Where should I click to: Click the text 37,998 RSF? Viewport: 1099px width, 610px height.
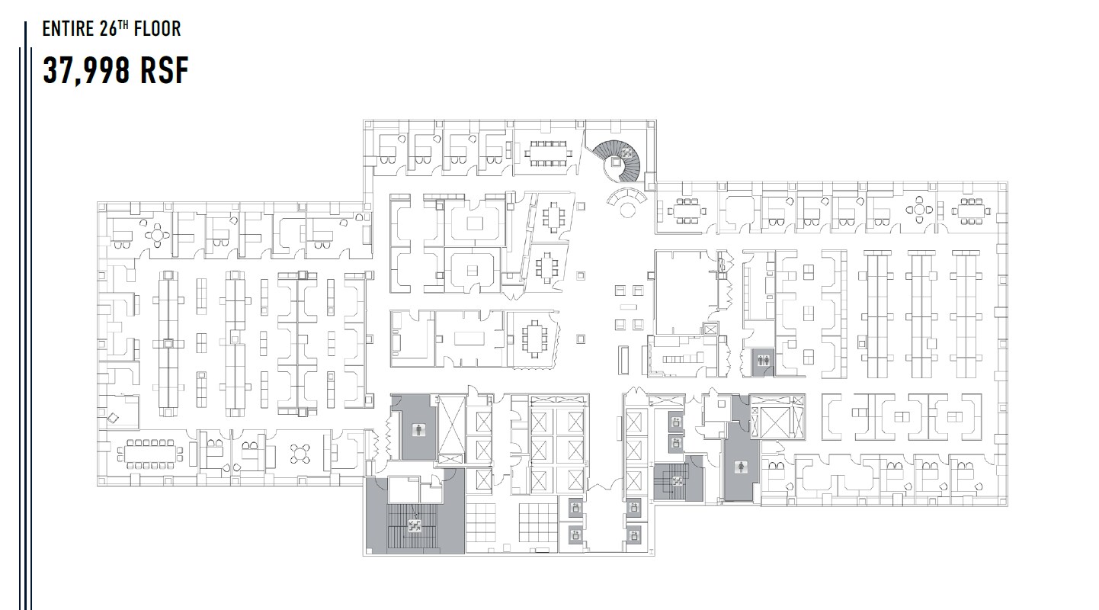click(x=115, y=71)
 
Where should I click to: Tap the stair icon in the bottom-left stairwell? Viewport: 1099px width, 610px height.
click(x=415, y=524)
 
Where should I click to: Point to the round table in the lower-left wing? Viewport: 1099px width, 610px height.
click(x=298, y=454)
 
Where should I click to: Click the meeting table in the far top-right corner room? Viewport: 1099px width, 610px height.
click(x=971, y=210)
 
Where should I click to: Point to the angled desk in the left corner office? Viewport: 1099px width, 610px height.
click(x=114, y=416)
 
